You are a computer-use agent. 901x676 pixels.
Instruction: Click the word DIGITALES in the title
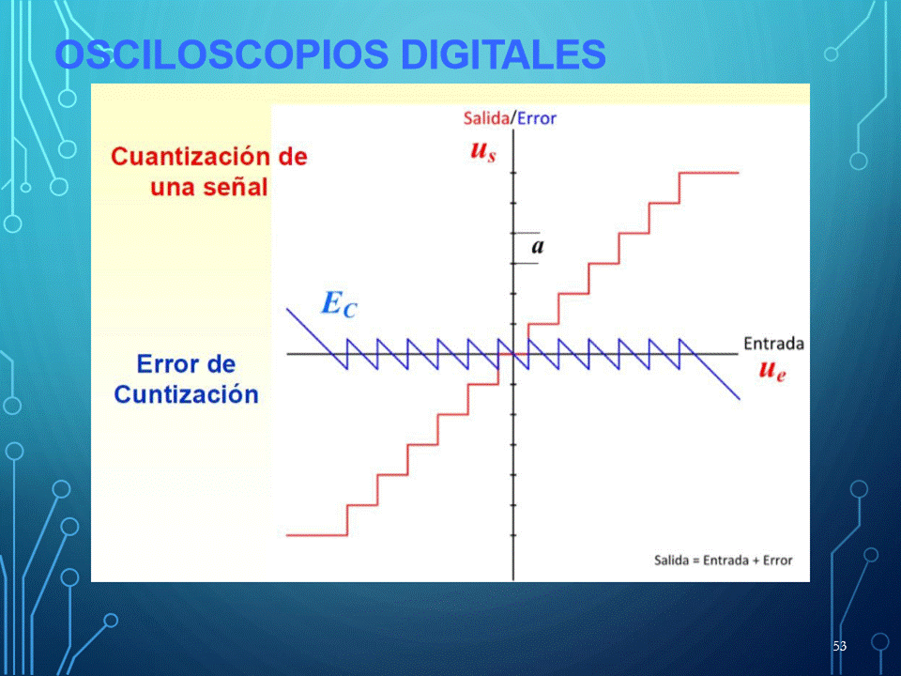click(x=503, y=54)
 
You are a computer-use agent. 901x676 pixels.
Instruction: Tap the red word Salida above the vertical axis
click(x=486, y=118)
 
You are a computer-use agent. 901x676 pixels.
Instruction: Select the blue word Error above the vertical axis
click(x=537, y=118)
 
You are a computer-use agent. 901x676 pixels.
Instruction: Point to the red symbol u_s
click(x=482, y=150)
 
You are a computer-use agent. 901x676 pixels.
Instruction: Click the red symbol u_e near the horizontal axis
click(x=771, y=370)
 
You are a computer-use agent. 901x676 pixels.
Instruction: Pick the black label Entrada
click(x=773, y=344)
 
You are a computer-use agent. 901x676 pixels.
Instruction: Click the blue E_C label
click(x=339, y=304)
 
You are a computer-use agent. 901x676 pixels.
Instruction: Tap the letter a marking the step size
click(x=537, y=247)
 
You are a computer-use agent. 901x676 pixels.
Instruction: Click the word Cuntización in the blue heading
click(x=186, y=394)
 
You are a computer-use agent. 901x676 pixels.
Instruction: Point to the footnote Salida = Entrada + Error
click(x=723, y=560)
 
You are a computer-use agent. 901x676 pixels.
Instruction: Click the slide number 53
click(x=839, y=646)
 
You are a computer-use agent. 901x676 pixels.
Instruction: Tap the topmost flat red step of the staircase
click(x=710, y=173)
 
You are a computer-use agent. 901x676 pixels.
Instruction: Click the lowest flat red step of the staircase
click(x=316, y=535)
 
